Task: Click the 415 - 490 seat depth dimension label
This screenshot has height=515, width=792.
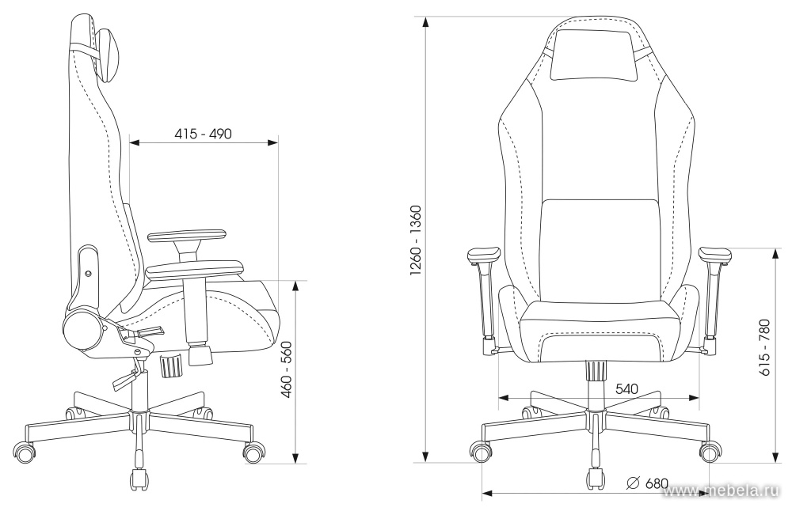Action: pos(203,134)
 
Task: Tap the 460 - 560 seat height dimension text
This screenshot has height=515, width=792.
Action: pos(287,370)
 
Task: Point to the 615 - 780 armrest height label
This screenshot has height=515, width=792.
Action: pos(765,347)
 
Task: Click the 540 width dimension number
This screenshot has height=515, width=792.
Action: pos(626,389)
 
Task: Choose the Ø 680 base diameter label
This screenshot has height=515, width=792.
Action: pos(647,483)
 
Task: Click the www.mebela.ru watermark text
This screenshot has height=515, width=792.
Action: pos(723,490)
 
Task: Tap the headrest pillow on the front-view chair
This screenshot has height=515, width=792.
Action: pos(594,55)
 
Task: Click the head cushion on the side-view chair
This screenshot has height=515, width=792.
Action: pos(108,55)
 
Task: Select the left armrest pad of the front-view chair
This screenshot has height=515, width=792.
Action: pos(484,256)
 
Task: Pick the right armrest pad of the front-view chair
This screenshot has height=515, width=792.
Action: pos(714,256)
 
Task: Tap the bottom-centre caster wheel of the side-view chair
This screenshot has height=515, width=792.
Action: pos(139,479)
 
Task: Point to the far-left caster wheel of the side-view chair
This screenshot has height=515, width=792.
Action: pos(25,452)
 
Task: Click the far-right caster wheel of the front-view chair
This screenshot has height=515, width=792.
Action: pos(710,450)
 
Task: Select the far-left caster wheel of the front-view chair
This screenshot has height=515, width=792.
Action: pos(481,450)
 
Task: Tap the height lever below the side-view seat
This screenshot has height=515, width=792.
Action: pos(124,379)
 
